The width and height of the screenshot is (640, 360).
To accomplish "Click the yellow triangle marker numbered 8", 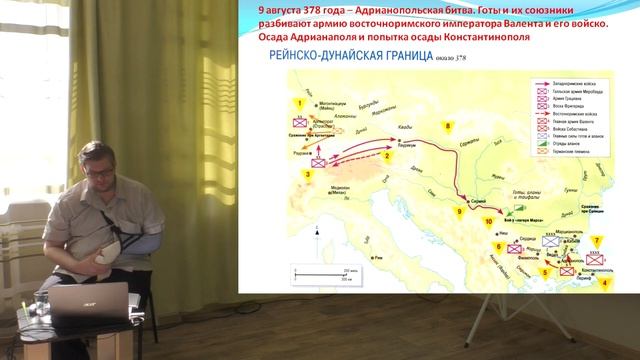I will click(449, 127).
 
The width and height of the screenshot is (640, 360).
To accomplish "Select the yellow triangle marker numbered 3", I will click(308, 174).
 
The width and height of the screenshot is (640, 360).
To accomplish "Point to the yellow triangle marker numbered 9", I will click(459, 211).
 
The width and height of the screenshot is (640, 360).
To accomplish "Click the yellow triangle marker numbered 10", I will click(489, 221).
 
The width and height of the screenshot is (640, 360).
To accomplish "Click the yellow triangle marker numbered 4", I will click(603, 284).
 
